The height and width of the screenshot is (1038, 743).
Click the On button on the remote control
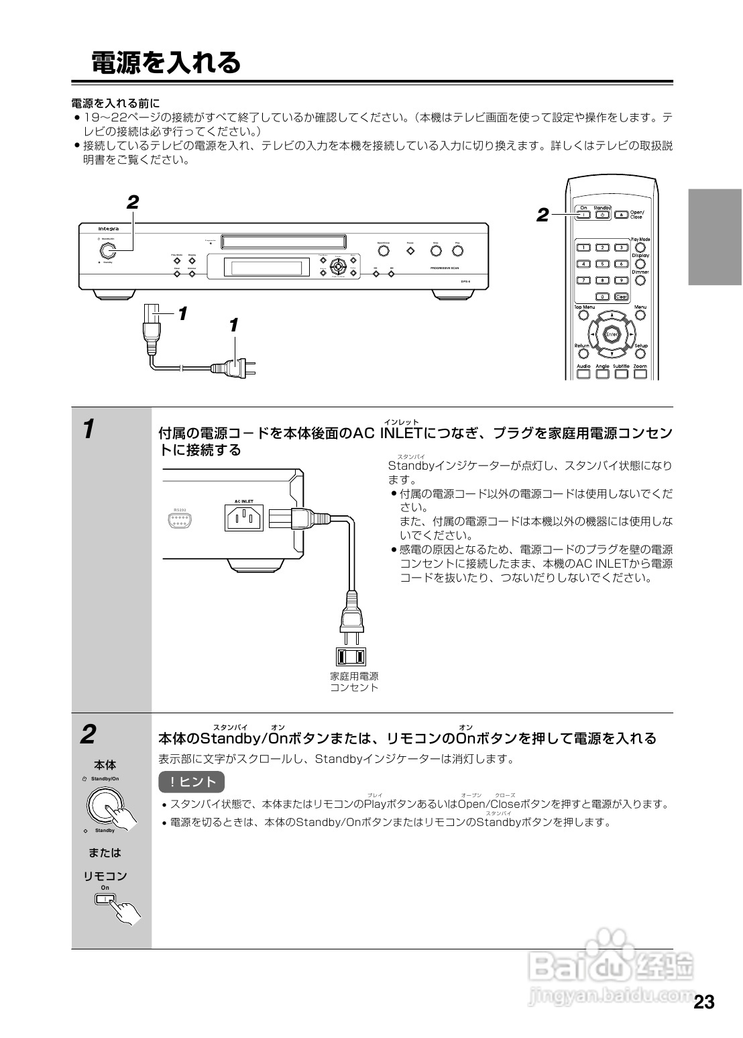583,215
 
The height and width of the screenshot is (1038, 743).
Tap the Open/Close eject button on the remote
622,215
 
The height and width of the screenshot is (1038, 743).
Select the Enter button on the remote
612,333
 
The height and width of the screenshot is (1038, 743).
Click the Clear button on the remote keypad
622,297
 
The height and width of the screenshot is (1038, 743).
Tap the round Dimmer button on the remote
640,280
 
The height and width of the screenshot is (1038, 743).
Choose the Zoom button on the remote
640,374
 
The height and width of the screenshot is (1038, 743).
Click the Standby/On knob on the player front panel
107,251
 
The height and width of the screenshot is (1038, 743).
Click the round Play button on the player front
457,251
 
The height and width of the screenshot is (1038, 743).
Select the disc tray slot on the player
283,240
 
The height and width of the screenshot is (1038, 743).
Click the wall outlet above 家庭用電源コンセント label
351,656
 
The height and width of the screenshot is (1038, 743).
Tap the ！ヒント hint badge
191,782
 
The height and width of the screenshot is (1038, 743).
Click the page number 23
703,1002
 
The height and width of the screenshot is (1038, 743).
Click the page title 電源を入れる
166,62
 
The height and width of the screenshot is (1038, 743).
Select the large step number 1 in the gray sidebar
88,429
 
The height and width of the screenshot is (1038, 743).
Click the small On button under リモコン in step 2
105,899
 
